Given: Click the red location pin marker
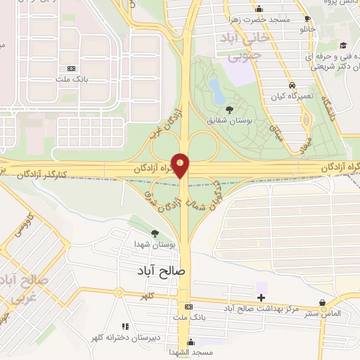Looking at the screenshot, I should pos(181,165).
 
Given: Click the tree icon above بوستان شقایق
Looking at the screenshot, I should pos(230,108).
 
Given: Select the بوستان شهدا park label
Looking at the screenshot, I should pos(154,243).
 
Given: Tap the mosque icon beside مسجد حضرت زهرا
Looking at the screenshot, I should pos(259,9).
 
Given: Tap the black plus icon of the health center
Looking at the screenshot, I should pos(262,298).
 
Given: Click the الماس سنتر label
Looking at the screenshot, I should pos(323,313).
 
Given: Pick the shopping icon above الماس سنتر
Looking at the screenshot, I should pos(322,303).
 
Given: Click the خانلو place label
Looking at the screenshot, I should pos(307,30).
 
